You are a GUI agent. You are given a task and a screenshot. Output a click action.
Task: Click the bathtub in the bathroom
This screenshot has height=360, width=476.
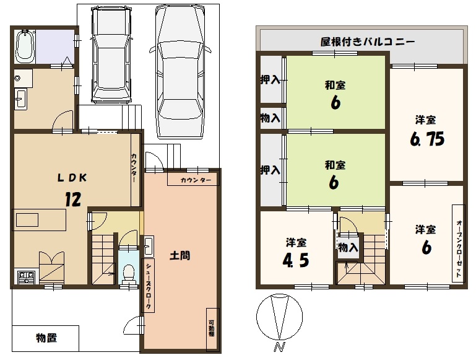pos(25,46)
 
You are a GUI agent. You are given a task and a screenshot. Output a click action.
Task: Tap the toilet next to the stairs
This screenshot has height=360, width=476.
pos(129,273)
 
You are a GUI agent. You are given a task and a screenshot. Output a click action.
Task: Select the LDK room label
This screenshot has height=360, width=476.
pos(72,178)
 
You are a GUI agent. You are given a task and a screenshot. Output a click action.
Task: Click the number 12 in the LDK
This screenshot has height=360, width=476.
pos(73,200)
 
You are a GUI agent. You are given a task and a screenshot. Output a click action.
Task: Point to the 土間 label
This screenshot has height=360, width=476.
pos(180,255)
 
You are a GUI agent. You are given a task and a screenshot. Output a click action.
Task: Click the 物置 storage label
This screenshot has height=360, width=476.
pos(46,338)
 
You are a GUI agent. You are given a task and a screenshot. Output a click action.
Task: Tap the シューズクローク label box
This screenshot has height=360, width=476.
pos(148,286)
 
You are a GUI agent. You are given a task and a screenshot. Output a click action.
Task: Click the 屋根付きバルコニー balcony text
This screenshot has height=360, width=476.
pos(367,42)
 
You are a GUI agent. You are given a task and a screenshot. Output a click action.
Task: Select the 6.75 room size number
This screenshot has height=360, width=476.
pos(427,139)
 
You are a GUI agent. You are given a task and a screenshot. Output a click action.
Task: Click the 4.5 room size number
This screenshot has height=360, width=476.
pos(296,260)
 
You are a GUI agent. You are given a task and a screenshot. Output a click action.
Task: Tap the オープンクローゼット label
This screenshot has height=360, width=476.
pos(459,248)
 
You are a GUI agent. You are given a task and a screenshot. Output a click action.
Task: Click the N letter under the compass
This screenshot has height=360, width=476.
pos(280,347)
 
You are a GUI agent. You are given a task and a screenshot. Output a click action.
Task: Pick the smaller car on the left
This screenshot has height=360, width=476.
pos(112,55)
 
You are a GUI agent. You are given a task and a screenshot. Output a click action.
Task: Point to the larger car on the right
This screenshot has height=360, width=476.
pos(180,72)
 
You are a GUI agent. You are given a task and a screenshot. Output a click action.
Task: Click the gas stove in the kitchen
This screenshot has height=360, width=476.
pos(27,278)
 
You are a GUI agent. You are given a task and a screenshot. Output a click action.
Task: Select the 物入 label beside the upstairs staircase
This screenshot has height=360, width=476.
pos(348,248)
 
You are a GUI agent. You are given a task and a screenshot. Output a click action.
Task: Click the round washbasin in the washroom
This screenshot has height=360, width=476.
pos(17,78)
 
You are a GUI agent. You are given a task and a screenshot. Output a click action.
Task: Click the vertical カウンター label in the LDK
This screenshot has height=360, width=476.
pos(134,168)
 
